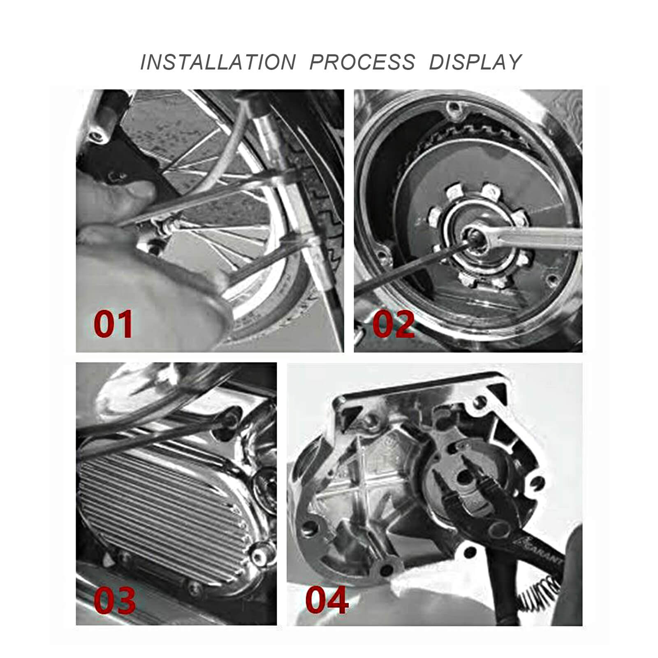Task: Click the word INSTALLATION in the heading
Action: (x=218, y=62)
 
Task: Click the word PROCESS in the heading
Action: (x=362, y=62)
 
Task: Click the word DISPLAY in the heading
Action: (x=475, y=62)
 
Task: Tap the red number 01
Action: (x=113, y=324)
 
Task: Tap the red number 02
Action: (x=393, y=324)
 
